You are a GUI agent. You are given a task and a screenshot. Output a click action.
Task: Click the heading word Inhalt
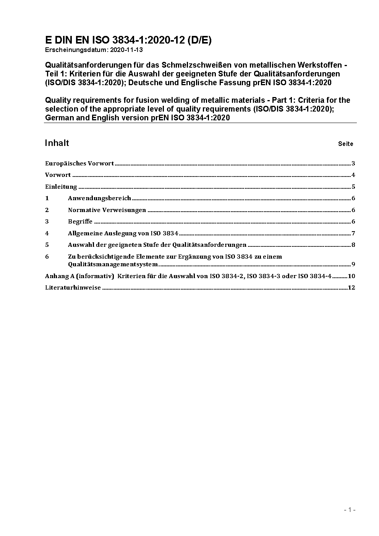click(x=57, y=143)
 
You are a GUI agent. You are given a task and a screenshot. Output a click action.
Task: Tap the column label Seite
click(x=345, y=144)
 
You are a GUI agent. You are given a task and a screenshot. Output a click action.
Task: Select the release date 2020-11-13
click(x=127, y=50)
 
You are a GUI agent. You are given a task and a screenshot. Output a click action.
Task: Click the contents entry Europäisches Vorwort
click(x=79, y=164)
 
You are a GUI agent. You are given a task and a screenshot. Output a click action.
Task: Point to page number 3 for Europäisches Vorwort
click(x=353, y=164)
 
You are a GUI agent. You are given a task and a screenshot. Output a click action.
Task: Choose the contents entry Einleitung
click(x=61, y=187)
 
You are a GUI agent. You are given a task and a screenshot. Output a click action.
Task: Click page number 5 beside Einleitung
click(x=353, y=187)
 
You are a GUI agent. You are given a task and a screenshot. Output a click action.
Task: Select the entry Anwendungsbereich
click(x=99, y=198)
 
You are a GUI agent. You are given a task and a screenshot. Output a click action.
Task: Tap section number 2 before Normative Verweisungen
click(x=47, y=210)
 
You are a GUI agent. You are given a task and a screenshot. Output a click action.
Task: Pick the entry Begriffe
click(x=80, y=222)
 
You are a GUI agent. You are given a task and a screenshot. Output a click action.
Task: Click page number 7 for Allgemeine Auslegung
click(x=353, y=233)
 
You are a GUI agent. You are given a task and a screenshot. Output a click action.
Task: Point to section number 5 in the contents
click(x=47, y=245)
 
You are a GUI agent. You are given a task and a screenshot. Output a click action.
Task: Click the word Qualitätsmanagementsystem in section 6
click(x=113, y=264)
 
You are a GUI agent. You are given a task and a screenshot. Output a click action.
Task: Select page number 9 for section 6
click(x=353, y=264)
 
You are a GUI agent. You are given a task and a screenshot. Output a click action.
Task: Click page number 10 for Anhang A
click(x=351, y=276)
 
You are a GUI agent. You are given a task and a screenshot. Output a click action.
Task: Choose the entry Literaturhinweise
click(x=73, y=288)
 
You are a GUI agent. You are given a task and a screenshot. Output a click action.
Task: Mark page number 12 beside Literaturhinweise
click(x=351, y=288)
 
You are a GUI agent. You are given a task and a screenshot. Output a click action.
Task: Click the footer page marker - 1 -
click(x=350, y=510)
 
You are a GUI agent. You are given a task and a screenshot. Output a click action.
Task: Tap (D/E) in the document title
click(x=199, y=40)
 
